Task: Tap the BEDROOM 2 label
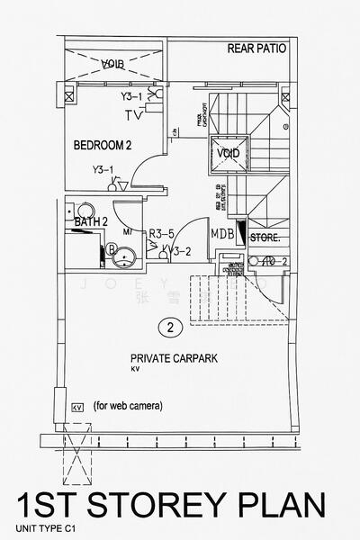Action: point(103,144)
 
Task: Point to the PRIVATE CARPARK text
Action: point(174,357)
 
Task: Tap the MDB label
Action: point(222,234)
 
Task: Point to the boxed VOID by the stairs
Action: point(229,153)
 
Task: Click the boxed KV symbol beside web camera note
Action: point(77,407)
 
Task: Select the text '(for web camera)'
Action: point(128,406)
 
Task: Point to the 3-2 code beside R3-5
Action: point(184,251)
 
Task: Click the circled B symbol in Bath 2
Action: point(112,249)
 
